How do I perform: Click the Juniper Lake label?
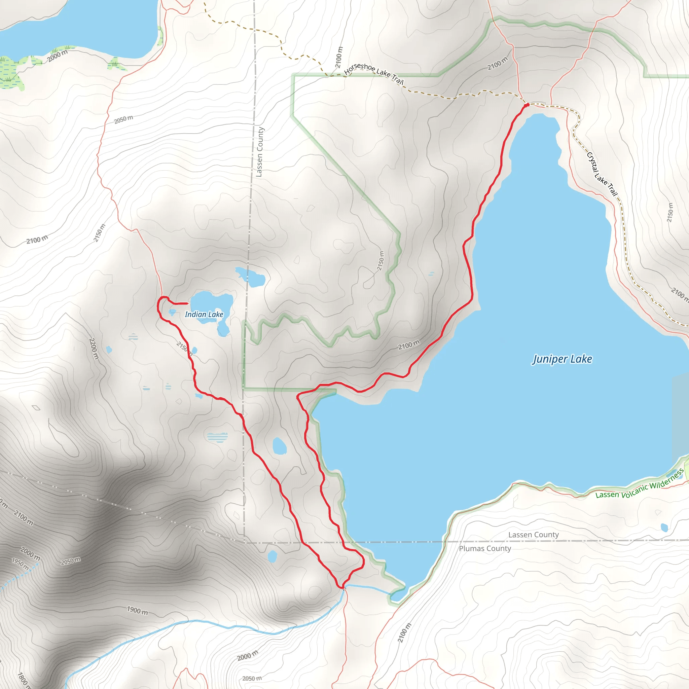pyautogui.click(x=563, y=359)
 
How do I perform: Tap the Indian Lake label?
pyautogui.click(x=204, y=314)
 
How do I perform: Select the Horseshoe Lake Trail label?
pyautogui.click(x=374, y=73)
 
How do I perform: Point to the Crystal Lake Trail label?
pyautogui.click(x=602, y=174)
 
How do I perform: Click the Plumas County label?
pyautogui.click(x=485, y=548)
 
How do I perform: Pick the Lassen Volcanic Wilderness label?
pyautogui.click(x=640, y=485)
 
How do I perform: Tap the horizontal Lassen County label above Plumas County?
pyautogui.click(x=533, y=535)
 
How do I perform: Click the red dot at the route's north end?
pyautogui.click(x=527, y=105)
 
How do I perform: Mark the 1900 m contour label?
pyautogui.click(x=137, y=610)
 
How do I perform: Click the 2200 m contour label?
pyautogui.click(x=93, y=348)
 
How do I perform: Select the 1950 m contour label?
pyautogui.click(x=20, y=564)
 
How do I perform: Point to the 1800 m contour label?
pyautogui.click(x=23, y=680)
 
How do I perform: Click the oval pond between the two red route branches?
pyautogui.click(x=279, y=446)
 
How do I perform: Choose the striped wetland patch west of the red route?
pyautogui.click(x=217, y=437)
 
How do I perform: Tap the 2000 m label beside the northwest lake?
pyautogui.click(x=58, y=55)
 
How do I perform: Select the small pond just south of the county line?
pyautogui.click(x=272, y=556)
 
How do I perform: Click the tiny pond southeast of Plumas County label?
pyautogui.click(x=664, y=528)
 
